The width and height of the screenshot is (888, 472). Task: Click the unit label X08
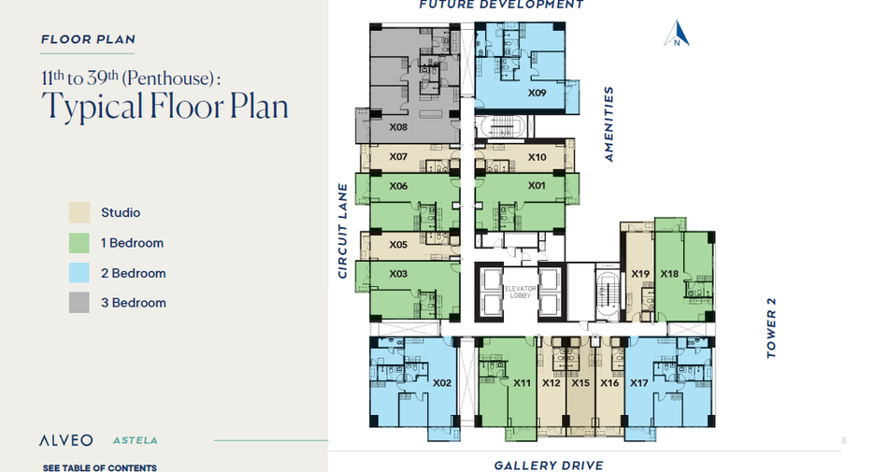[x=398, y=127]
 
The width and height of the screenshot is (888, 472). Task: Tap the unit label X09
[x=537, y=93]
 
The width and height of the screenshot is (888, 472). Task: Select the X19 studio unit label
[x=640, y=274]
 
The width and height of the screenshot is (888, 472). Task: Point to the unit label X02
[x=442, y=383]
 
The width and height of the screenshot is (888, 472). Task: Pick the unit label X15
[x=580, y=383]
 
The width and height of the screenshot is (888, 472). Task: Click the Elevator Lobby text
[x=520, y=292]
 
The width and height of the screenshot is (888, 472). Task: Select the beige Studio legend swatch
[x=79, y=213]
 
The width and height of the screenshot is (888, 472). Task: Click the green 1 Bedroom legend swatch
[x=79, y=243]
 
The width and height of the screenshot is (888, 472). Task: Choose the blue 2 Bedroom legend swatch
[x=79, y=273]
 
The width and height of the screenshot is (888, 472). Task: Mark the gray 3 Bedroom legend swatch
[x=79, y=303]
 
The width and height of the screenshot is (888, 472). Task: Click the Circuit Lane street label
[x=342, y=231]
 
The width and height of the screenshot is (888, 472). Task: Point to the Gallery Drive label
[x=549, y=465]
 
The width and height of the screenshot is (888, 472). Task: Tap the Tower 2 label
[x=771, y=328]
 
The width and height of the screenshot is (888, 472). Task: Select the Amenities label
[x=609, y=124]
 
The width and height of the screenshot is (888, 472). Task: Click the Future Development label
[x=501, y=5]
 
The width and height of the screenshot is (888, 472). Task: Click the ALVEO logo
[x=65, y=440]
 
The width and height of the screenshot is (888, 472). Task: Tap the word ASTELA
[x=136, y=440]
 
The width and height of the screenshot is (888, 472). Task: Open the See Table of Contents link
[x=100, y=467]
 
